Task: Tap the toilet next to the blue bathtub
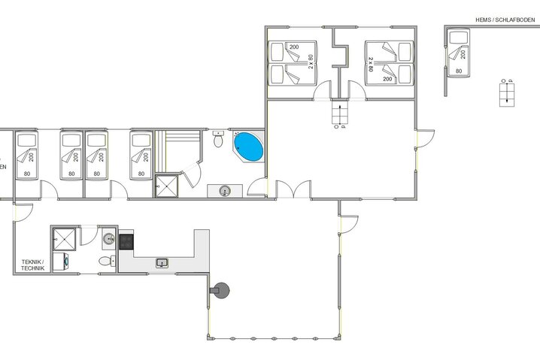(x=219, y=140)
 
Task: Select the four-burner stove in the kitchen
(x=126, y=241)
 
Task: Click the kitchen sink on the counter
(x=162, y=262)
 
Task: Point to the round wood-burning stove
(x=221, y=289)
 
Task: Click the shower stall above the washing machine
(x=65, y=239)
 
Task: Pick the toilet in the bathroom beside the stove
(x=106, y=261)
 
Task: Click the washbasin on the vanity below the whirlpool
(x=225, y=191)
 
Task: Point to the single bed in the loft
(x=457, y=53)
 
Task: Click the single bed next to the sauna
(x=140, y=155)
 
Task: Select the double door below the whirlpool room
(x=293, y=190)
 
